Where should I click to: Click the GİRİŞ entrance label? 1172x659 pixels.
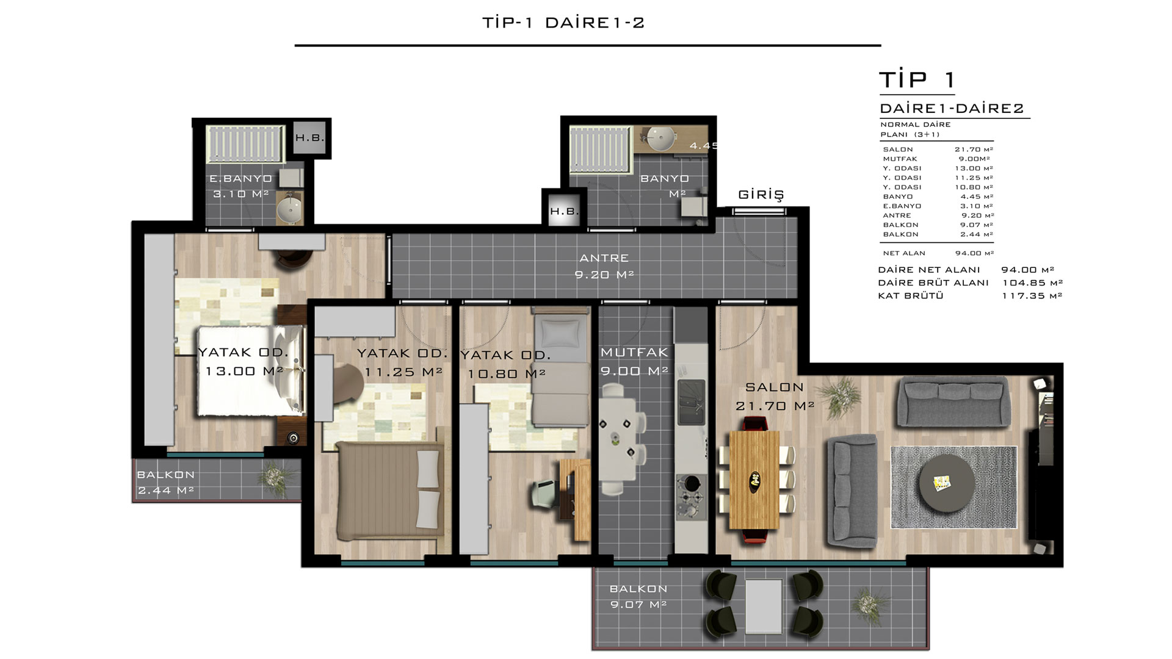(761, 195)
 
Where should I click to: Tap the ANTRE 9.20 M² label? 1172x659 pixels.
(604, 267)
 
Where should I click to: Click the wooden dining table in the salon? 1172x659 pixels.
(755, 480)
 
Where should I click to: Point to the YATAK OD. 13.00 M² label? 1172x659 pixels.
(243, 362)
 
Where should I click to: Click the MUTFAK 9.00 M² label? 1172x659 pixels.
(634, 362)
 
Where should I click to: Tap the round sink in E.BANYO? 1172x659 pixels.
(290, 209)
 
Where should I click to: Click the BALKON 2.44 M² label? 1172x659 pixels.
(165, 483)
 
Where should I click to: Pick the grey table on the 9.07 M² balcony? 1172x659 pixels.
(764, 606)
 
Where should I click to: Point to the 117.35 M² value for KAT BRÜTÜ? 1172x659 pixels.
(1032, 296)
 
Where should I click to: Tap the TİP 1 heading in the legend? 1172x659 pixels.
(917, 80)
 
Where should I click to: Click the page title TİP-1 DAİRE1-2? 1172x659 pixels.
(563, 23)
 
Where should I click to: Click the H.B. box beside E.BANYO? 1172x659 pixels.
(310, 138)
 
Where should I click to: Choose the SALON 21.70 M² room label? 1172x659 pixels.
(775, 397)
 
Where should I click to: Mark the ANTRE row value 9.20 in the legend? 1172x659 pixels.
(978, 215)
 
